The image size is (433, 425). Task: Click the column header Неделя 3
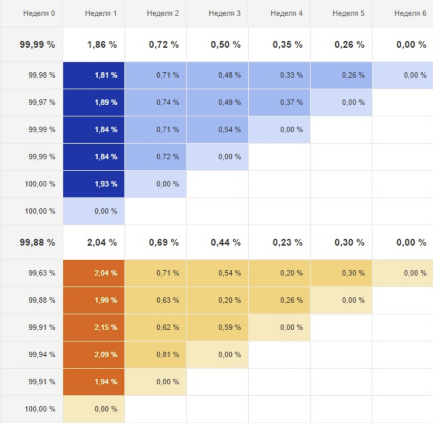(x=225, y=14)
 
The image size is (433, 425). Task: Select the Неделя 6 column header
(x=410, y=14)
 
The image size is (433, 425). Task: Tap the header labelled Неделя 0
(x=39, y=14)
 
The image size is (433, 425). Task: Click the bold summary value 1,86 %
(x=102, y=44)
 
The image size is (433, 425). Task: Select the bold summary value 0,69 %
(x=164, y=243)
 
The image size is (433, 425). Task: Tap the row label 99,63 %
(x=42, y=273)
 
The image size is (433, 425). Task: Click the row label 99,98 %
(x=42, y=75)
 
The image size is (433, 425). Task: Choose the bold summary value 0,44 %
(x=225, y=243)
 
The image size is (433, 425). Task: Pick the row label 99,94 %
(x=42, y=355)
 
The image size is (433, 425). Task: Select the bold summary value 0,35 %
(x=288, y=44)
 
